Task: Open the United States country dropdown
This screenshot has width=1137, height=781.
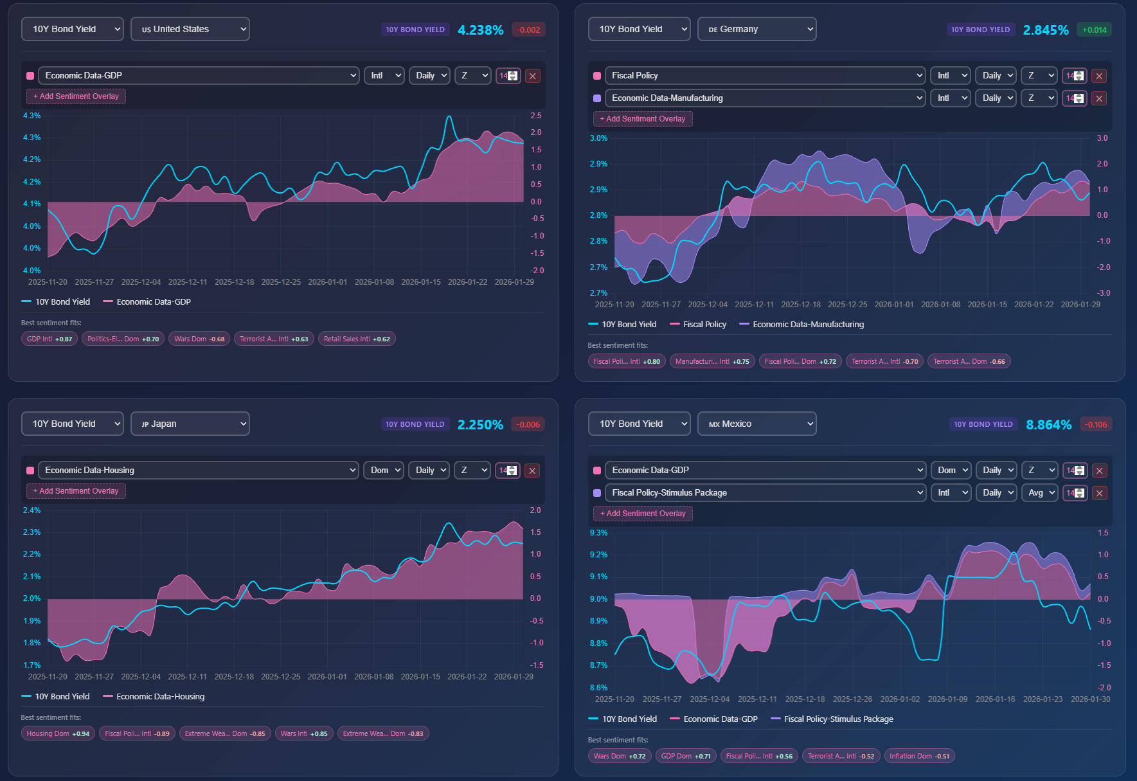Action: [190, 29]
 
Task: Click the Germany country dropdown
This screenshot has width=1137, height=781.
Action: [757, 29]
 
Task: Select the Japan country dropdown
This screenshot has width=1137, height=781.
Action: [190, 424]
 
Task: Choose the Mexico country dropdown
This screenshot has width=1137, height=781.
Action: [757, 424]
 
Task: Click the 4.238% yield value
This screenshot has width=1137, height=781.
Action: [480, 30]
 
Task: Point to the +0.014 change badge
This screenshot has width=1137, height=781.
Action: [1095, 30]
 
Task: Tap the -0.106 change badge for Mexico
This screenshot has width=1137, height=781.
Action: [1096, 425]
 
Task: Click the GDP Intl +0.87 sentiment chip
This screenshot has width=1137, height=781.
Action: [49, 339]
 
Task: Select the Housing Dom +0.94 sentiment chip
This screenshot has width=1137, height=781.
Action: [58, 733]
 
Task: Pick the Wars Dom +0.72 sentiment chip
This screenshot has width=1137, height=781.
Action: [620, 756]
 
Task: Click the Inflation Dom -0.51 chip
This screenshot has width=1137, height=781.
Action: [919, 756]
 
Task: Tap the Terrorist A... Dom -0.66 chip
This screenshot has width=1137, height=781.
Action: [969, 361]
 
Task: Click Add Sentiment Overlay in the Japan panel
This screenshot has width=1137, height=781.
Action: [76, 491]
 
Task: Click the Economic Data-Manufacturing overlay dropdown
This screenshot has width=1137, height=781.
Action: [765, 98]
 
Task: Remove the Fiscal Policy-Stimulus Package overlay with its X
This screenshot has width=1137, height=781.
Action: [1099, 494]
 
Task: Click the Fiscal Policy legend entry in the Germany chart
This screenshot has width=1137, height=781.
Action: [698, 325]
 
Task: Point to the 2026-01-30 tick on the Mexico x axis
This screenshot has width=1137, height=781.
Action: [1090, 699]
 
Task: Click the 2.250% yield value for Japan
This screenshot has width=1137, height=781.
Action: [480, 425]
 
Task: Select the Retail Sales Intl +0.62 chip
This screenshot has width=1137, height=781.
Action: [357, 339]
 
